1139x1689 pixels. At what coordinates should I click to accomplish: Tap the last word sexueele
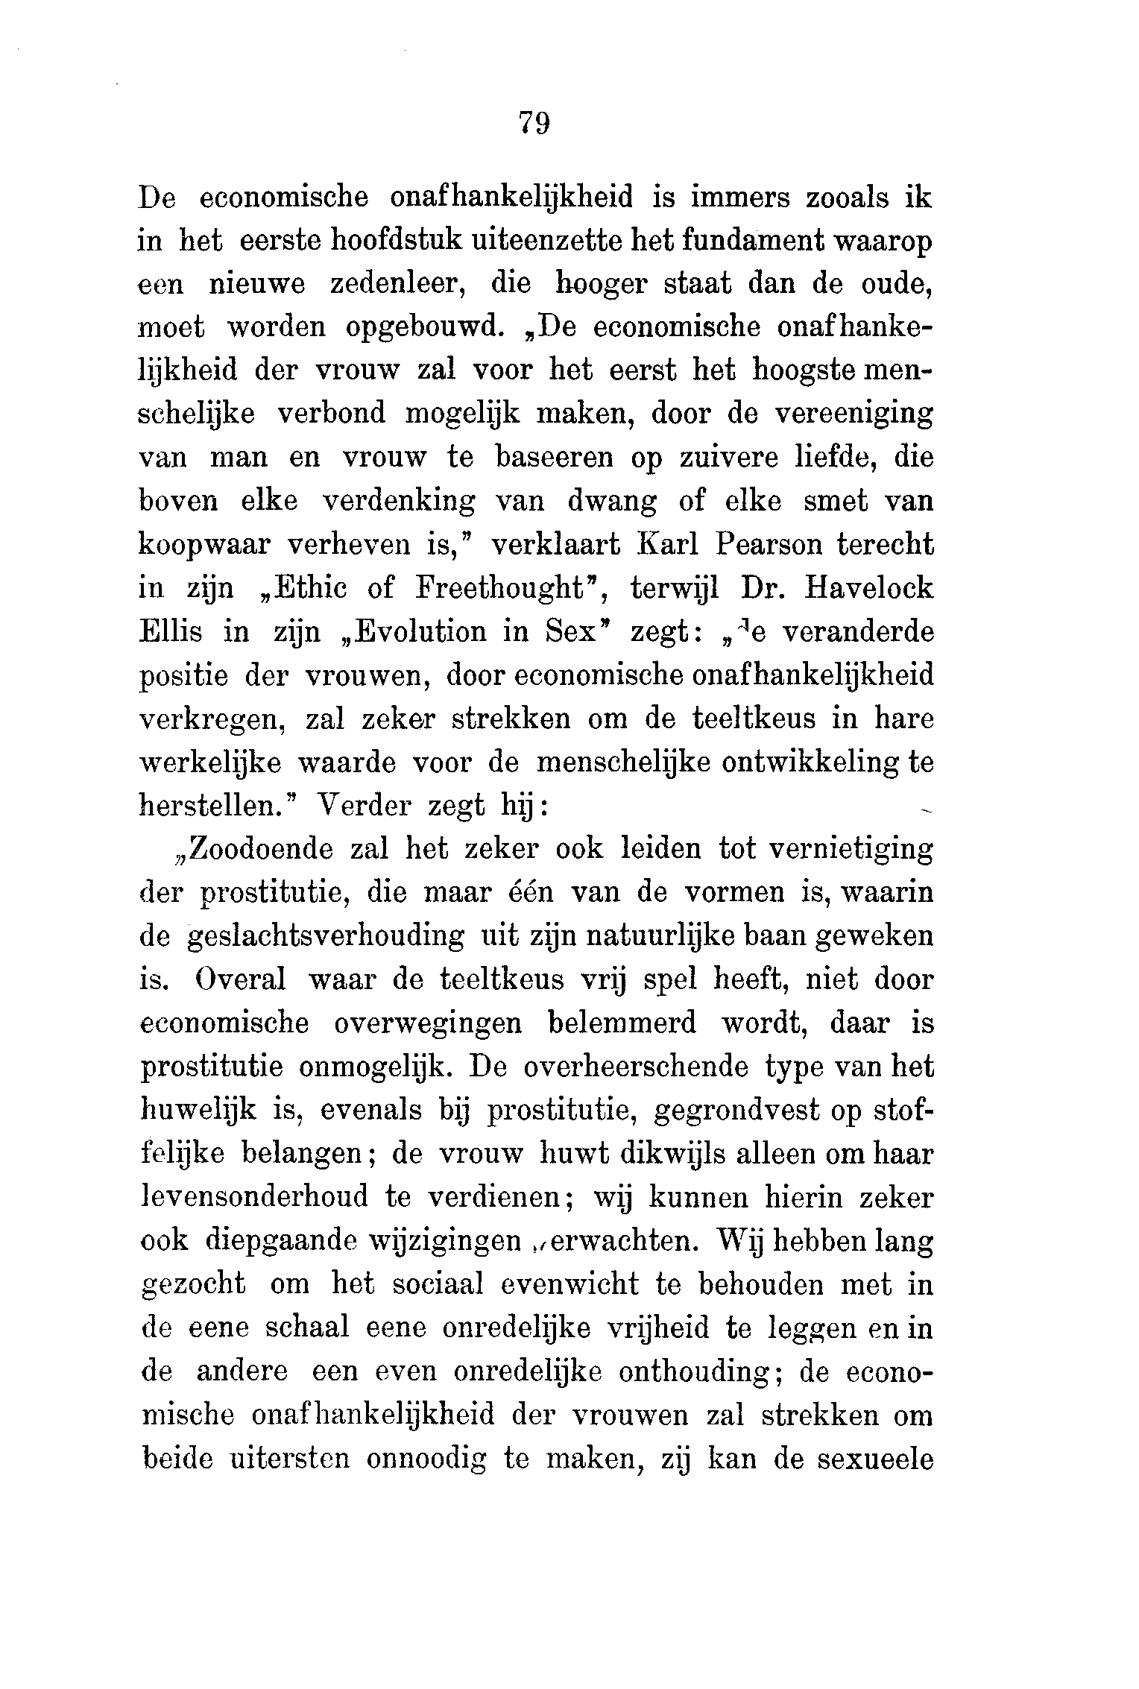875,1459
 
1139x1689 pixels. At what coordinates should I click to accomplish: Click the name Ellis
169,633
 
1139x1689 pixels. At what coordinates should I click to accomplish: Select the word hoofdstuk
401,243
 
